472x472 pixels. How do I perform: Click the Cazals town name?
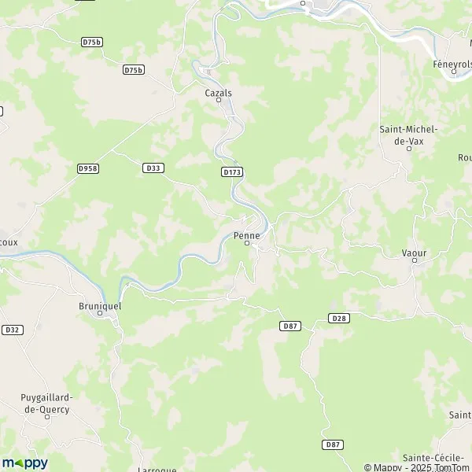tap(219, 92)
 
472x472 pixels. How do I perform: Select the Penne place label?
tap(247, 235)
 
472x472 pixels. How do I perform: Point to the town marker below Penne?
tap(247, 244)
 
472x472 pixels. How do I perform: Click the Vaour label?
tap(414, 253)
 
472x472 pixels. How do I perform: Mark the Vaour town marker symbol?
tap(414, 261)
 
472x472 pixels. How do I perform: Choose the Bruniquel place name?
tap(100, 304)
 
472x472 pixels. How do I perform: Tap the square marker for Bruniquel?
tap(100, 312)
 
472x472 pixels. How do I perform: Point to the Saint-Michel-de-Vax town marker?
tap(409, 148)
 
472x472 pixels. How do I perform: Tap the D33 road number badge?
tap(153, 168)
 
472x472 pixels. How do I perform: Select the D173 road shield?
tap(231, 171)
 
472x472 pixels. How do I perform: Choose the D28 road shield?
tap(338, 318)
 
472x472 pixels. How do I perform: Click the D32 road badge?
tap(11, 330)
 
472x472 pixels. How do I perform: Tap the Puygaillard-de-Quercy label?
tap(47, 403)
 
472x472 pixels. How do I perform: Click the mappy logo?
tap(24, 463)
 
